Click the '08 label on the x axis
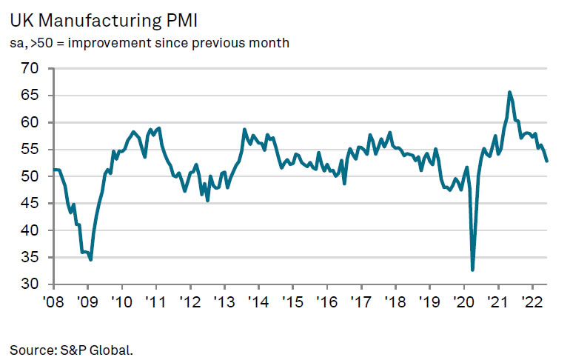(x=53, y=302)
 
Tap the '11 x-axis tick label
(x=155, y=302)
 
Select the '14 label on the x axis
(x=258, y=302)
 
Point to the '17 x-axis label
(x=361, y=302)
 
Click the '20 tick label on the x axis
(x=463, y=302)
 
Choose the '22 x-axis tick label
(x=532, y=302)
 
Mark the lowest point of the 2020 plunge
(x=472, y=270)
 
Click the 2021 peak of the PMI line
(x=509, y=92)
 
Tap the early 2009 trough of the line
(x=90, y=259)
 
